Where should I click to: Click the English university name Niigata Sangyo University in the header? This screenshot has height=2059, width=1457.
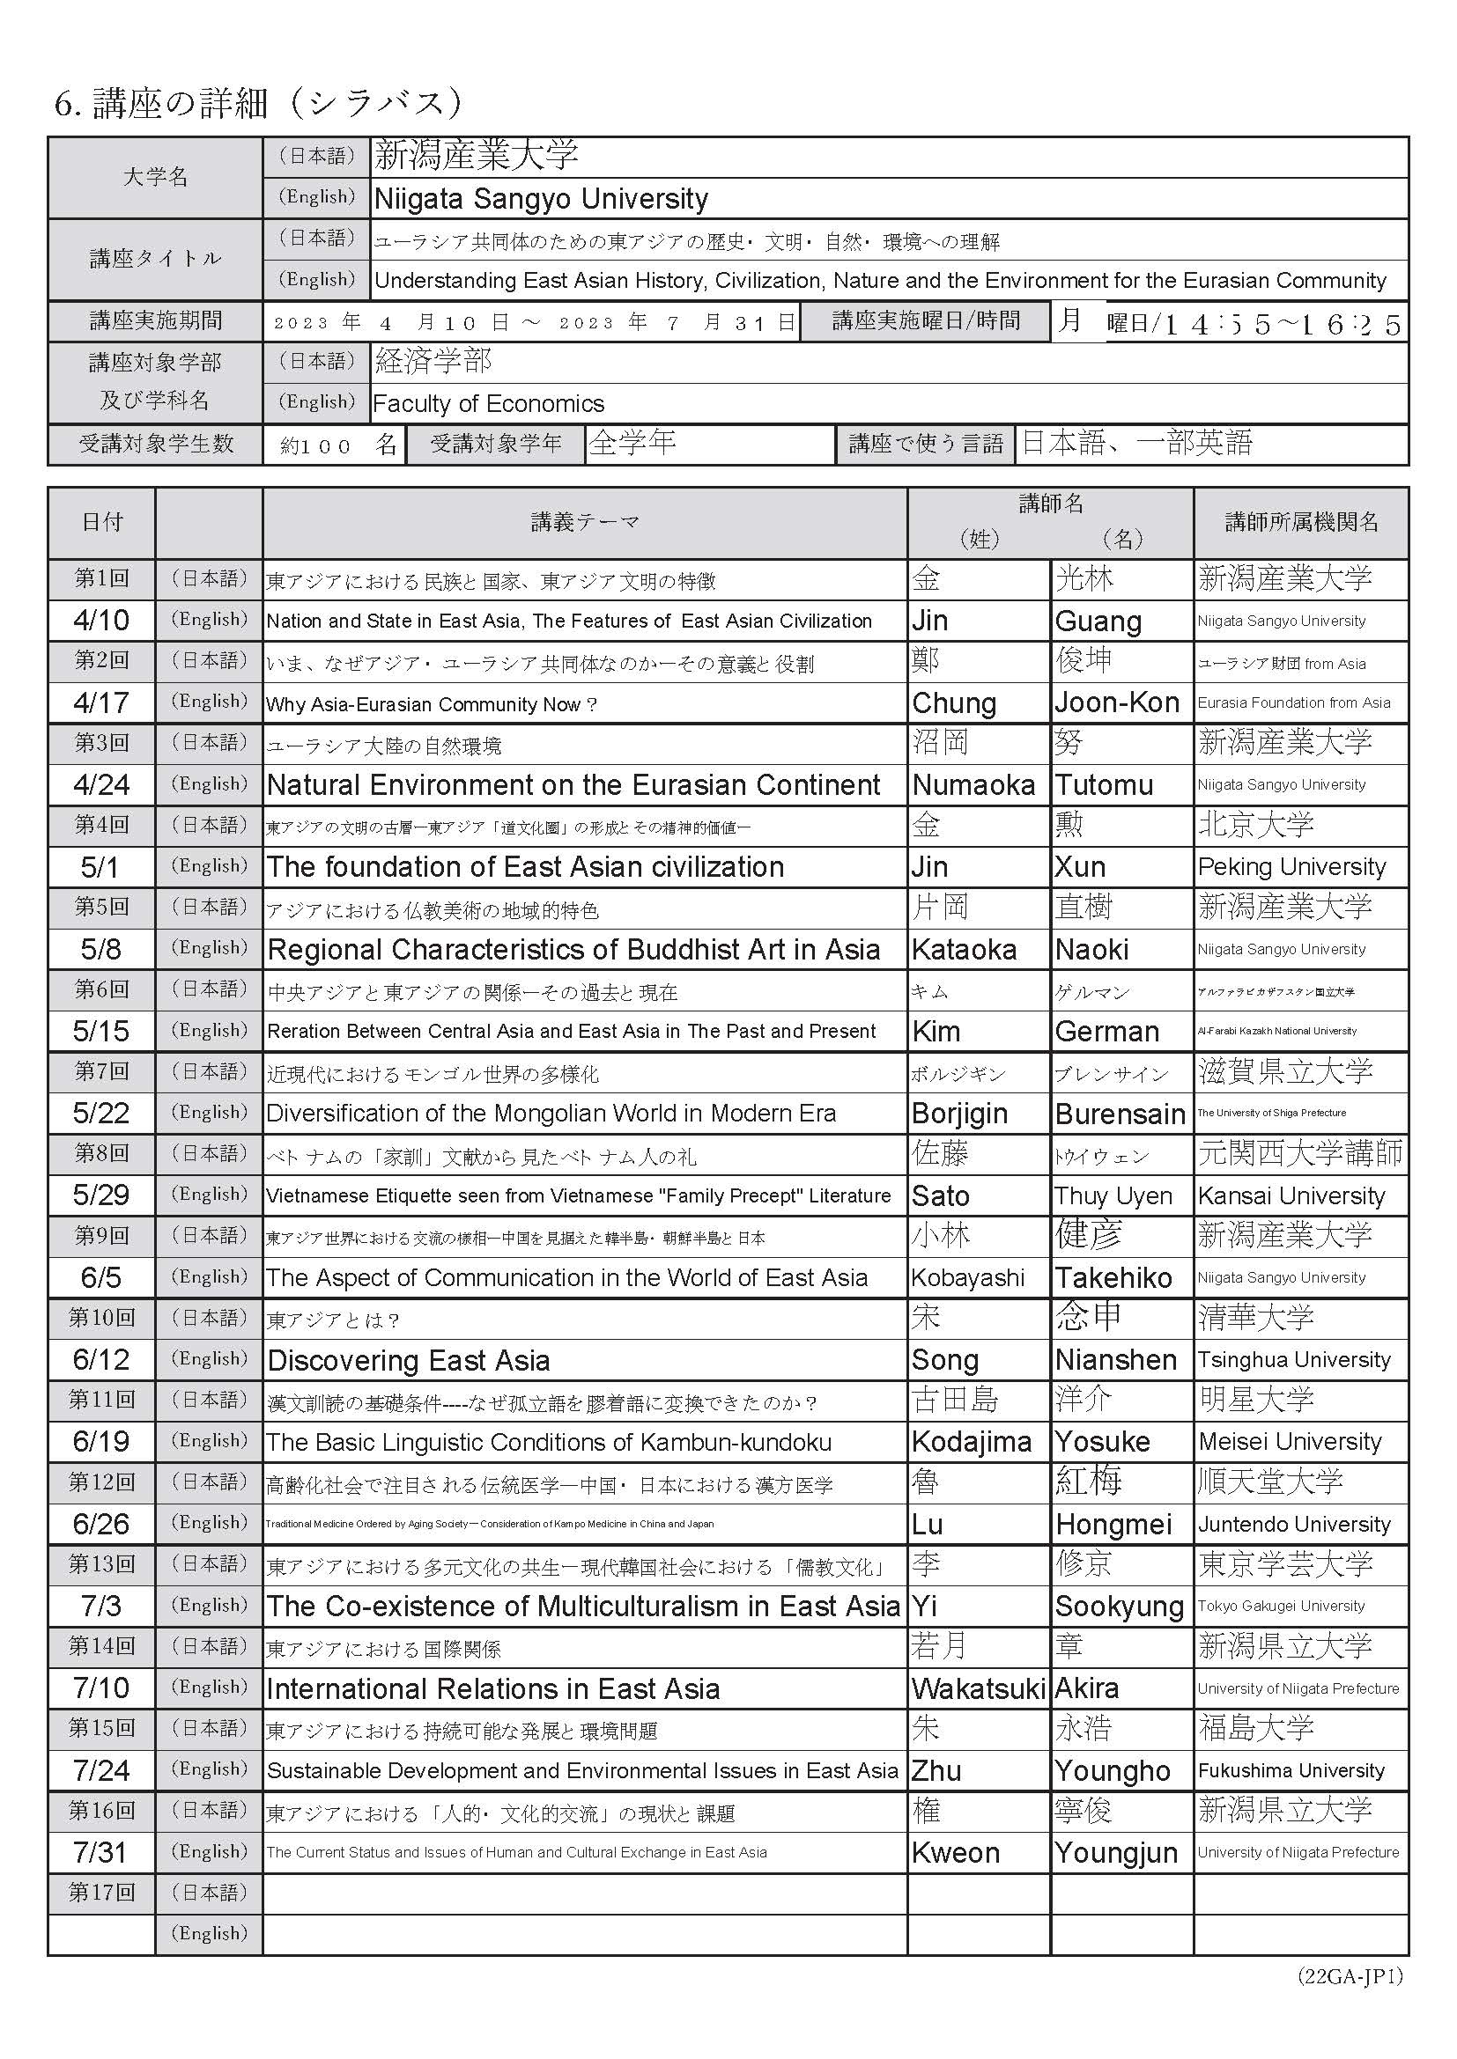click(x=541, y=198)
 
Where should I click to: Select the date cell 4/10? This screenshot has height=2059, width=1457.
click(x=101, y=621)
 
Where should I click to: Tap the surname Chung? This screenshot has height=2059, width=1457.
click(x=954, y=703)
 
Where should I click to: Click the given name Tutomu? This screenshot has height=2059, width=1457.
click(x=1104, y=784)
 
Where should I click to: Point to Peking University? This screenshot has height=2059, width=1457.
click(x=1291, y=867)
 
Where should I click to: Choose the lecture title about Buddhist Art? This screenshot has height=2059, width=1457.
click(x=573, y=949)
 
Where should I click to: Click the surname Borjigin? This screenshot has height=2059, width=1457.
click(x=959, y=1114)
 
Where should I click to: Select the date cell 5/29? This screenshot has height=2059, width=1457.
click(x=101, y=1195)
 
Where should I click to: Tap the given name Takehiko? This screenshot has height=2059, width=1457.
click(x=1113, y=1278)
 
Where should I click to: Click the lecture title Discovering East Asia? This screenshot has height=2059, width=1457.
click(x=408, y=1360)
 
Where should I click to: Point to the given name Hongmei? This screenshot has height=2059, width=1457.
click(x=1113, y=1525)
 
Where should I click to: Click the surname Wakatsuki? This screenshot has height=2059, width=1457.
click(x=978, y=1688)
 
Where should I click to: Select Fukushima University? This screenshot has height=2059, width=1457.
click(x=1291, y=1771)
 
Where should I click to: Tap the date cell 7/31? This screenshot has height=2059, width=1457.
click(x=101, y=1853)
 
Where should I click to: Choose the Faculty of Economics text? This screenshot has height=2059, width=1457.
click(x=488, y=403)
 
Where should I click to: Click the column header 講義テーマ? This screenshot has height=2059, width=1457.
click(x=584, y=522)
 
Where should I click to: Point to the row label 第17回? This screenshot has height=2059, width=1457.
click(x=101, y=1894)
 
